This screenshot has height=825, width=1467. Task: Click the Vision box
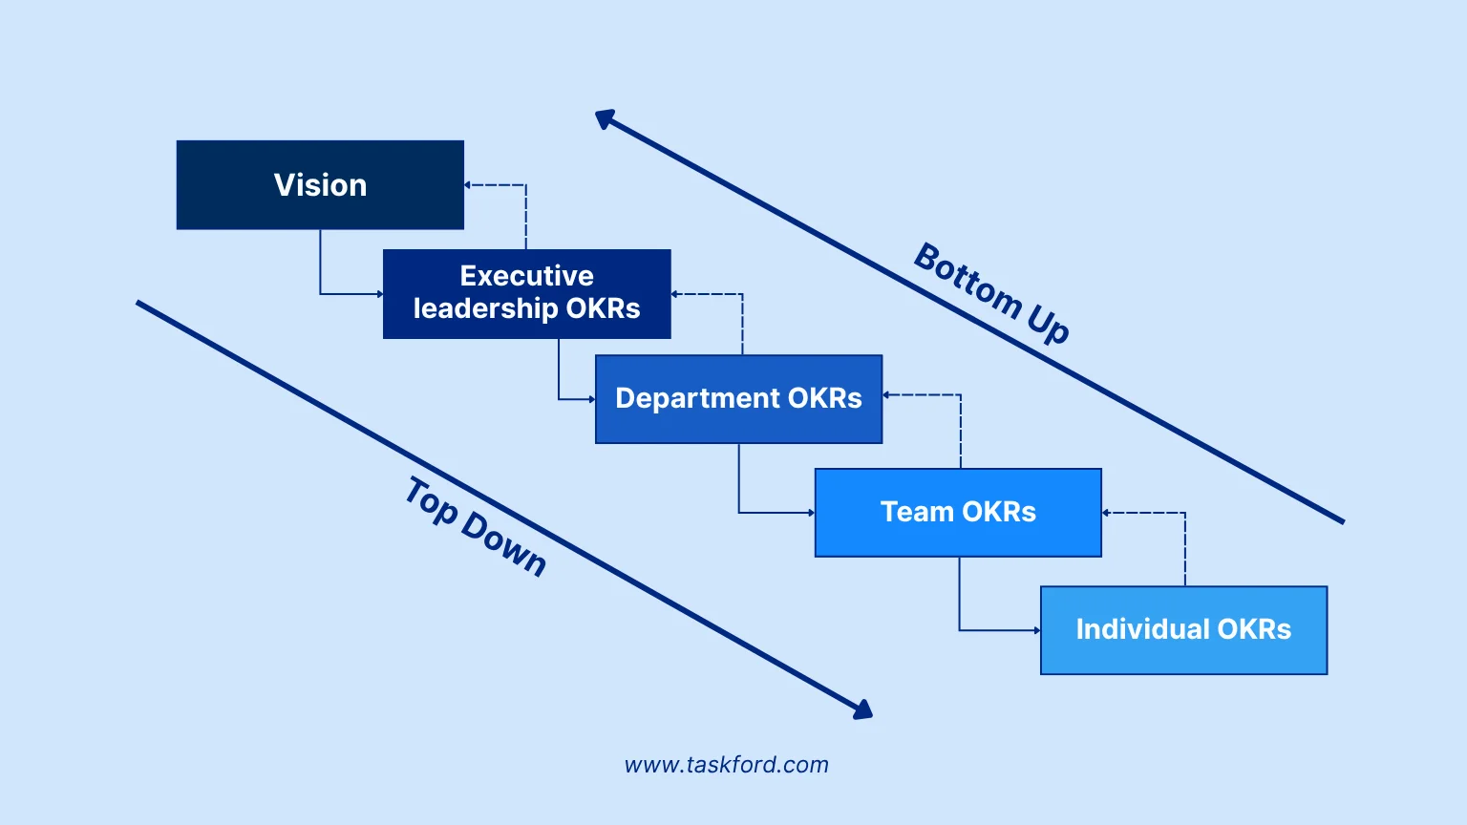coord(320,185)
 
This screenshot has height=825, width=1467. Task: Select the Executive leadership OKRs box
coord(526,294)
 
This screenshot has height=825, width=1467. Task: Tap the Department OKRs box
coord(738,399)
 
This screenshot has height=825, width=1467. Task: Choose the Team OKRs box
coord(958,513)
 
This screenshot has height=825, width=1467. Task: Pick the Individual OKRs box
coord(1183,630)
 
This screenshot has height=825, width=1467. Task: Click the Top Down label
coord(475,527)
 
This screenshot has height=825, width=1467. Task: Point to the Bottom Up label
coord(991,292)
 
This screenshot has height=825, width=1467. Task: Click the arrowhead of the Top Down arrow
coord(862,709)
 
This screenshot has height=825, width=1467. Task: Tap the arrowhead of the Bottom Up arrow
coord(605,118)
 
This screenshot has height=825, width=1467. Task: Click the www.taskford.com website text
coord(726,765)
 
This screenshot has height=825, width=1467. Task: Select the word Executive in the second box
coord(526,276)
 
